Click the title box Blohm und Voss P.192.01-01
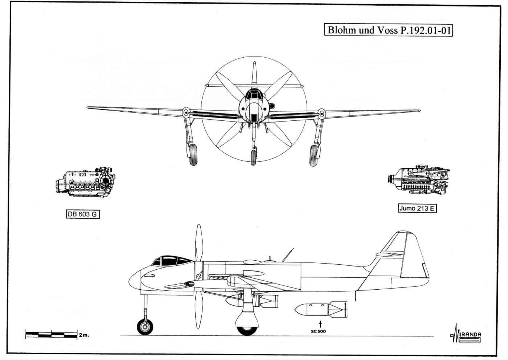(x=388, y=30)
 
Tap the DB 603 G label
(x=83, y=214)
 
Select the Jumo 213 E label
(x=417, y=208)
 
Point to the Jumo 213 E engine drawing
(x=419, y=180)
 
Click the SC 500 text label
(x=318, y=331)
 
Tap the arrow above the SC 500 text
(x=320, y=323)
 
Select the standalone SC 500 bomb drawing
(x=321, y=310)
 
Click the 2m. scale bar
(x=51, y=334)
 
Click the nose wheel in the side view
(x=145, y=326)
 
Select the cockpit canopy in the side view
(x=171, y=261)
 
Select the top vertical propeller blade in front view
(x=254, y=74)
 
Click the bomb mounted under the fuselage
(x=250, y=301)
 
